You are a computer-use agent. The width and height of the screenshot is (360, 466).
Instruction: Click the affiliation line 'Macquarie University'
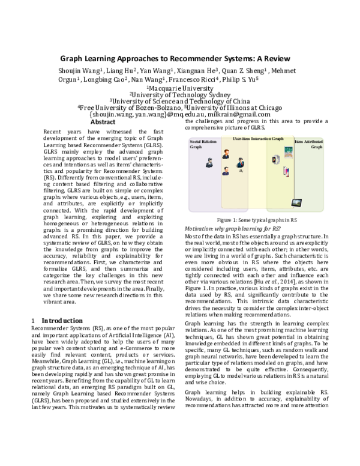181,87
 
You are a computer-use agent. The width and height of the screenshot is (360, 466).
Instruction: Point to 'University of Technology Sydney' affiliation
181,94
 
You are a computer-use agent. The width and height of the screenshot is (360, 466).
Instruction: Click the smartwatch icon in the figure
275,160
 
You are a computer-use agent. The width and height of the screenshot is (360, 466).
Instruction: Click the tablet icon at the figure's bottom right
297,202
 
